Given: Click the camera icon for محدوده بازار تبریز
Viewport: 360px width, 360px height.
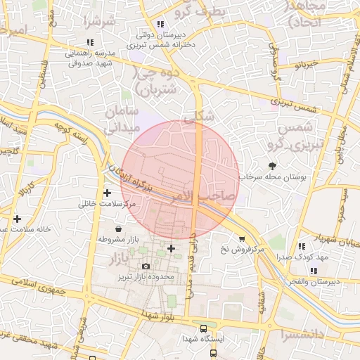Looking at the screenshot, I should (x=146, y=266).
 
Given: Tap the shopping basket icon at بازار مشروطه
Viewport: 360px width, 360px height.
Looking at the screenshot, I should (x=117, y=228).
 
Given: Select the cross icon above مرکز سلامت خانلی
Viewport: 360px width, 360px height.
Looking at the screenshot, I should (x=107, y=193).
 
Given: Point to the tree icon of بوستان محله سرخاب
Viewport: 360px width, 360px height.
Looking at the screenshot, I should (x=272, y=166).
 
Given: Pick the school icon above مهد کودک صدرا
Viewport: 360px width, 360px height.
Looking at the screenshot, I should (x=301, y=247).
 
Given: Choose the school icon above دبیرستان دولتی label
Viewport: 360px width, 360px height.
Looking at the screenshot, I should (x=161, y=24).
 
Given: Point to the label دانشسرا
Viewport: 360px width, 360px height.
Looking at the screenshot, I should (x=307, y=332).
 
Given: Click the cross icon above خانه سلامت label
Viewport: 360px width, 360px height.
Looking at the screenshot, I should (x=17, y=219).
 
